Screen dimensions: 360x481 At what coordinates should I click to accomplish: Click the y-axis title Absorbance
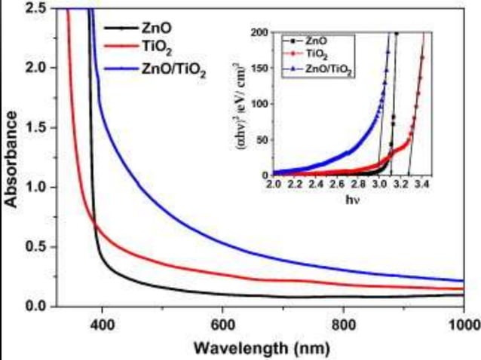[12, 159]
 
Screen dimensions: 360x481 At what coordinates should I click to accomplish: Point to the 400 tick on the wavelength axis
[101, 325]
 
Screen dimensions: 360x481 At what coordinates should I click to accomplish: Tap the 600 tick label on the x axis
[222, 325]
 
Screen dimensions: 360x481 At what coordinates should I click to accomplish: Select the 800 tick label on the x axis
[343, 325]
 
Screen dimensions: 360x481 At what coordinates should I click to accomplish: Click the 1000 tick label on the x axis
[462, 325]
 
